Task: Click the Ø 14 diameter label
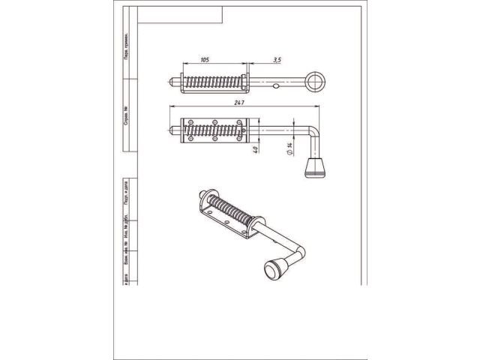tap(289, 151)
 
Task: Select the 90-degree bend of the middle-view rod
tap(313, 132)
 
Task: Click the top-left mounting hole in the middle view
tap(191, 122)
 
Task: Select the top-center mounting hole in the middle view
tap(215, 122)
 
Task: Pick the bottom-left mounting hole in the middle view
tap(191, 139)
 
